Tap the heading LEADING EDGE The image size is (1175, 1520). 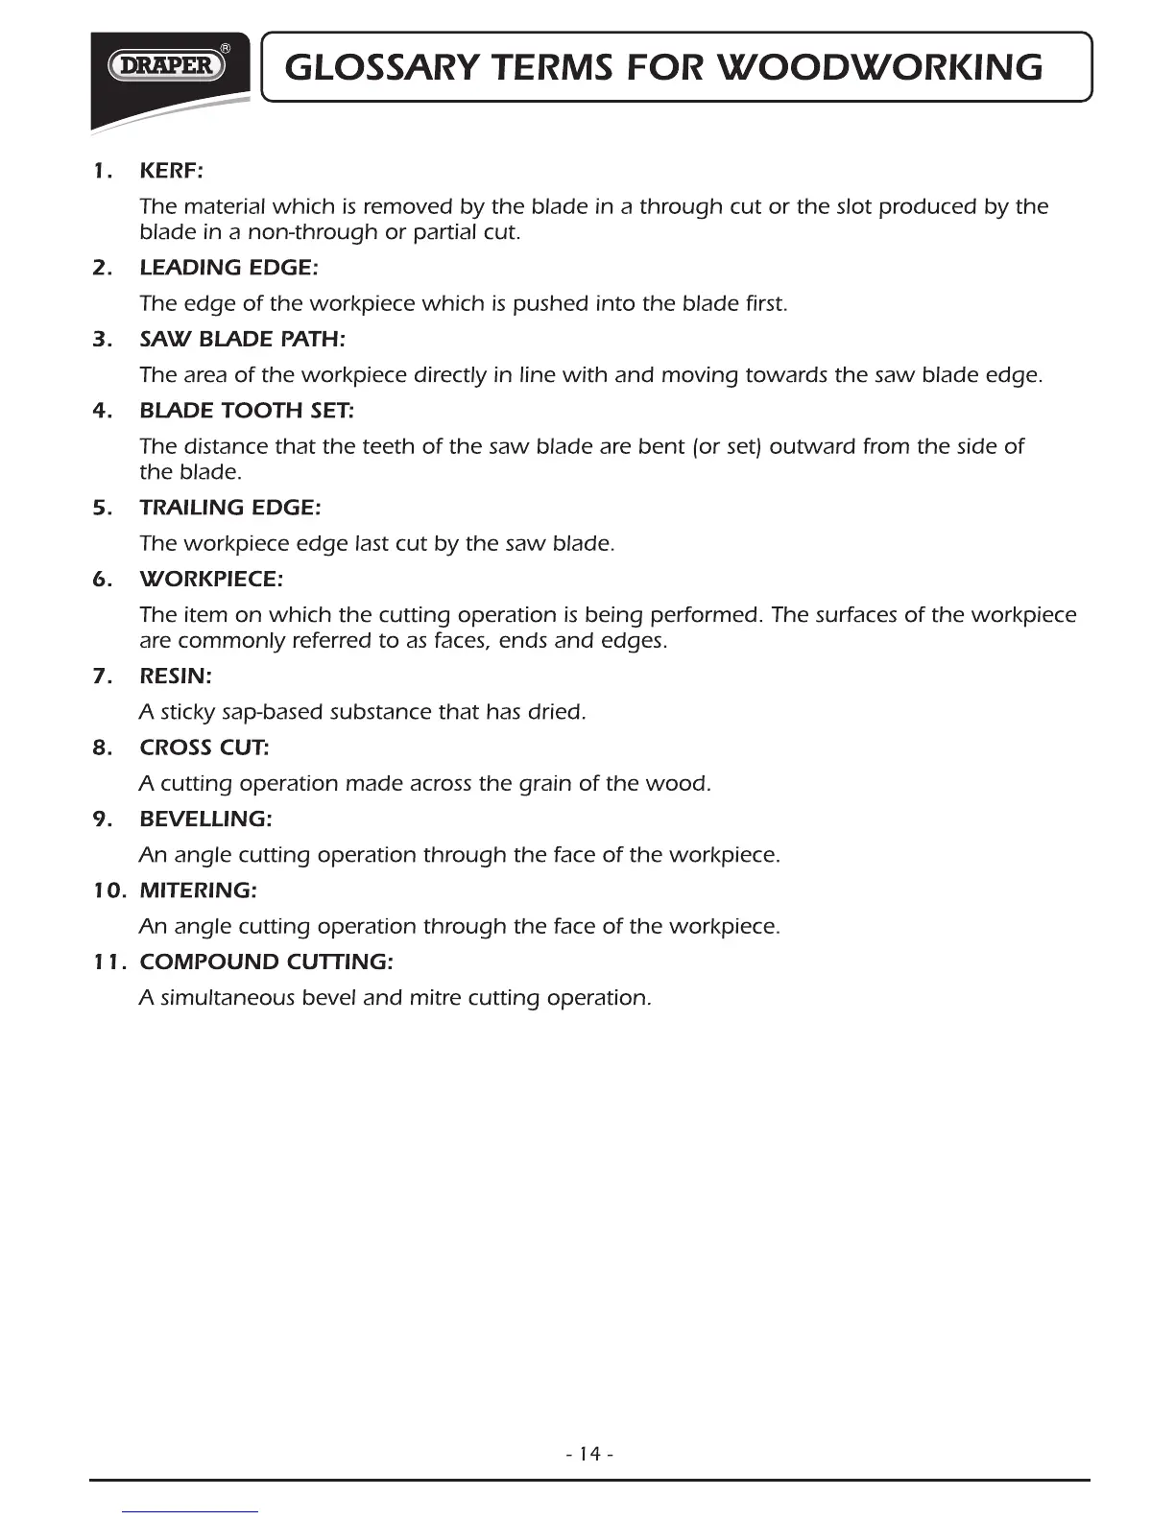[x=228, y=268]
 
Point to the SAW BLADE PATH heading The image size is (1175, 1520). [x=242, y=339]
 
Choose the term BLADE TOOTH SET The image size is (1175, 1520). [x=247, y=411]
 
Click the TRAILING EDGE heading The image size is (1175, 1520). [x=230, y=507]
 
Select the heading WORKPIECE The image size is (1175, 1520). [x=211, y=579]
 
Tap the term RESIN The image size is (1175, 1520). [x=176, y=676]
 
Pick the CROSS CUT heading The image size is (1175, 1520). [x=204, y=747]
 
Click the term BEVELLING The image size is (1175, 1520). [x=205, y=819]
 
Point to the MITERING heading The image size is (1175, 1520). [x=198, y=891]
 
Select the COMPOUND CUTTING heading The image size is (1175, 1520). [x=266, y=962]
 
